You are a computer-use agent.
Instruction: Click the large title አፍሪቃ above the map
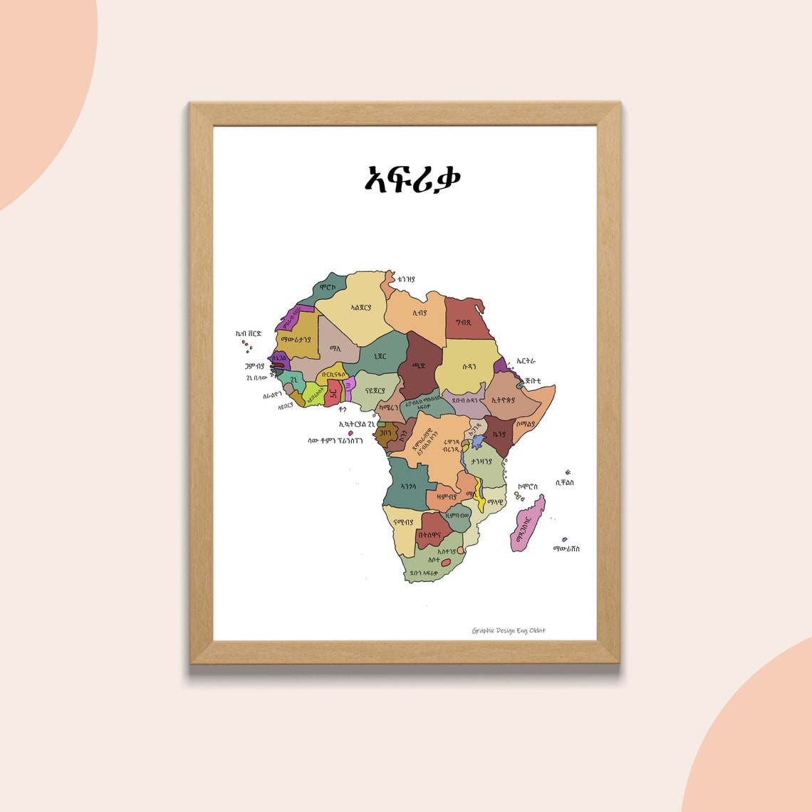412,179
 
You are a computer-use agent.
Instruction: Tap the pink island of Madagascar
528,524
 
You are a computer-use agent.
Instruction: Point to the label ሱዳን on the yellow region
469,369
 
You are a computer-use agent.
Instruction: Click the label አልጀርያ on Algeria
362,308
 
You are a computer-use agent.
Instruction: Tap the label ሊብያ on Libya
420,312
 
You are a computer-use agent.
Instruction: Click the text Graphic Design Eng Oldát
509,630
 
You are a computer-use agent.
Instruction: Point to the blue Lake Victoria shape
478,441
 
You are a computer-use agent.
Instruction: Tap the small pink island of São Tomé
350,432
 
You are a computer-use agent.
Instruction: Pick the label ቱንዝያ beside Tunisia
406,280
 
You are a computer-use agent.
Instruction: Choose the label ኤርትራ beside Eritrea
525,362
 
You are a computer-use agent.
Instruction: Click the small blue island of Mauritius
565,539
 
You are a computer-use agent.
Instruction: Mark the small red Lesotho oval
446,563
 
